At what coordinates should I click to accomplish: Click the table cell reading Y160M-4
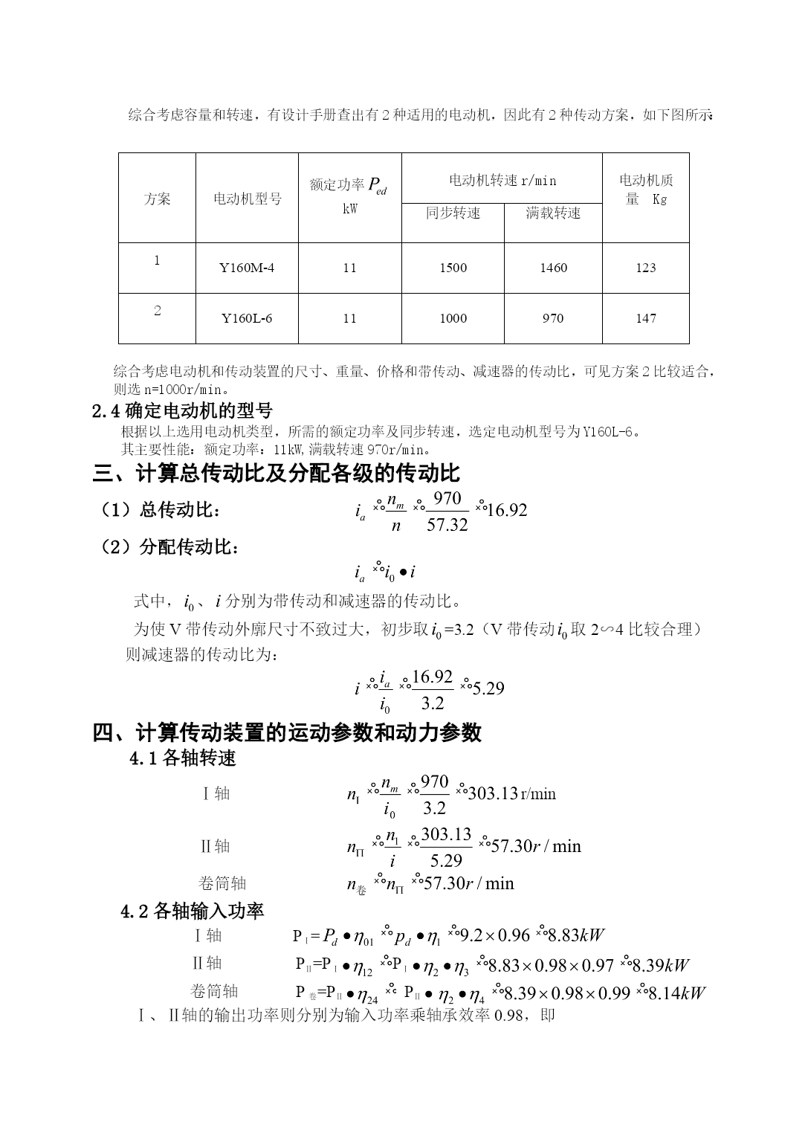coord(247,268)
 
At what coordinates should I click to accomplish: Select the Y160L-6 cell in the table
coord(247,318)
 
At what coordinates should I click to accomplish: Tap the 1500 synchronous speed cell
coord(453,268)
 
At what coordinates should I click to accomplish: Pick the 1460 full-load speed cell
coord(553,268)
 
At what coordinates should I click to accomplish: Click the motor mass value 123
coord(645,268)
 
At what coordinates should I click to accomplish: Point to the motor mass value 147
coord(645,318)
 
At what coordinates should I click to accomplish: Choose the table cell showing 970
coord(553,318)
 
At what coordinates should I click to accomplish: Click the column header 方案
coord(157,199)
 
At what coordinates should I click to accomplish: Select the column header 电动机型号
coord(248,199)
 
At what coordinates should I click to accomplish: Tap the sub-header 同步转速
coord(453,213)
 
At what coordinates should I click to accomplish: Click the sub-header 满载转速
coord(553,213)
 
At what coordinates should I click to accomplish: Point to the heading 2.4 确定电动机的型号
coord(182,410)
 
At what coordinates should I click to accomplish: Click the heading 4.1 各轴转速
coord(183,758)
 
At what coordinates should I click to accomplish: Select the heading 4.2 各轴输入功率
coord(193,911)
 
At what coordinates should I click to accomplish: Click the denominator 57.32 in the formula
coord(447,525)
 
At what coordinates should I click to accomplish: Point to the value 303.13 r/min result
coord(511,793)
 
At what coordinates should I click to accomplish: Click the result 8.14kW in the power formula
coord(676,993)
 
